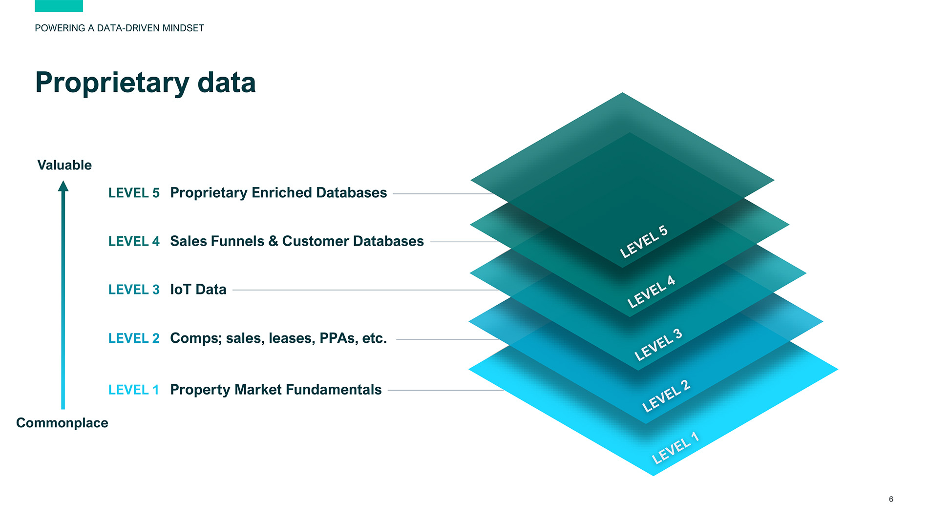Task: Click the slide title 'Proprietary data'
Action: (x=145, y=83)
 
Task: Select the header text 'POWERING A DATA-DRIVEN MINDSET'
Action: (x=119, y=28)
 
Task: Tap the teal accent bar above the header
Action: (x=59, y=6)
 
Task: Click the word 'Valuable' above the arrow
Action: (x=64, y=165)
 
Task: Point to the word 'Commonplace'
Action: (x=62, y=423)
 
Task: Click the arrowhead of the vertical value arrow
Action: (x=63, y=186)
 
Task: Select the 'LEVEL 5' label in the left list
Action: (x=134, y=193)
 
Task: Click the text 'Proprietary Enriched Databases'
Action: (x=278, y=193)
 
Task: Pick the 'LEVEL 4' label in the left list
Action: (x=134, y=241)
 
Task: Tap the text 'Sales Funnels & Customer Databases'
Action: (x=297, y=241)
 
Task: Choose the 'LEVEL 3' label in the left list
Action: (x=134, y=290)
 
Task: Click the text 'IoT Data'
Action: (x=198, y=290)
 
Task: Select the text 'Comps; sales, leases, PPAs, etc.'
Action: (x=278, y=338)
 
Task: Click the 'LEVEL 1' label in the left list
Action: (x=134, y=390)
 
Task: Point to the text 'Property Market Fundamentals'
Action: (x=275, y=390)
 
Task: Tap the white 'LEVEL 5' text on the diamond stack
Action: (x=644, y=242)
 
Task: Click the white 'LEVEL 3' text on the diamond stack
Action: (x=658, y=345)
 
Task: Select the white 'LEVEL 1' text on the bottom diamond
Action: (x=675, y=448)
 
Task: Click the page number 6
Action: (x=891, y=499)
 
